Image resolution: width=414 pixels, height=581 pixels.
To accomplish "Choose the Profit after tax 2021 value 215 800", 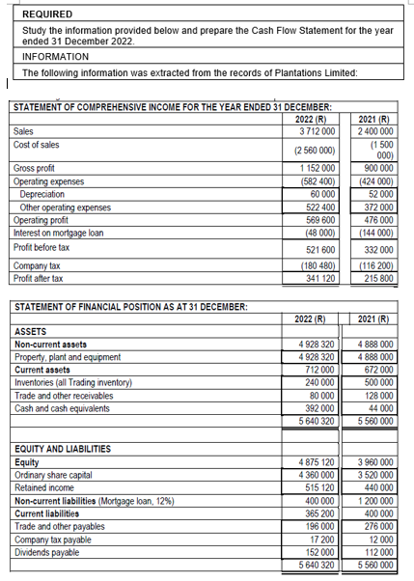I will click(x=374, y=277).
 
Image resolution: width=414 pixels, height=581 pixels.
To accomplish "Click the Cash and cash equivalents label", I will click(x=68, y=408).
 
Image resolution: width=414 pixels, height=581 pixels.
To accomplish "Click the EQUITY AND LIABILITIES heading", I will click(x=63, y=448).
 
